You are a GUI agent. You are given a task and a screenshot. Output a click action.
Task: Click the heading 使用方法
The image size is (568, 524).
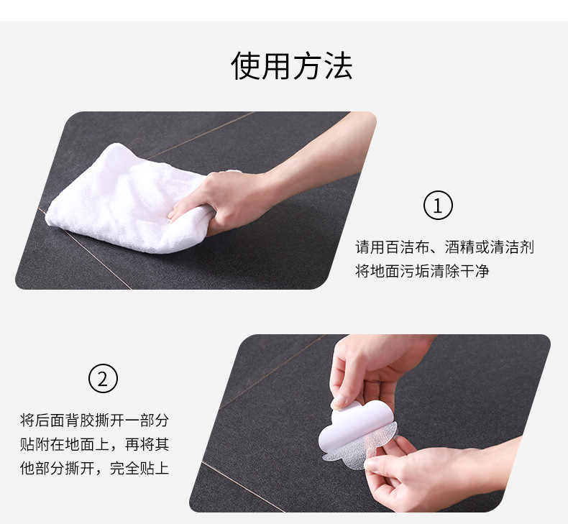291,66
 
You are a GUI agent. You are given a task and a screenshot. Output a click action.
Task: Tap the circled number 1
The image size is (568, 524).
438,206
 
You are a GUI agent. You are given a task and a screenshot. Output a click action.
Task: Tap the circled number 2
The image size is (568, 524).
102,378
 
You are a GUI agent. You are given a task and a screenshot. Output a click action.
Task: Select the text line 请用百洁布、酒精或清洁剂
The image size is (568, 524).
444,247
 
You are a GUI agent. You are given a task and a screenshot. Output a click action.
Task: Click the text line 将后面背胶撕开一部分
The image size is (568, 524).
94,420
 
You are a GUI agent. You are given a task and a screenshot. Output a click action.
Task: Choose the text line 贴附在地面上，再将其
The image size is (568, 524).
94,444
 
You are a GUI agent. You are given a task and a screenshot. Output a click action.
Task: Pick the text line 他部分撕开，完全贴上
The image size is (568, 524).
94,469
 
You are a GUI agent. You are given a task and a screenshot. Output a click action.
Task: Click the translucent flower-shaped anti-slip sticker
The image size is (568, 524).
359,446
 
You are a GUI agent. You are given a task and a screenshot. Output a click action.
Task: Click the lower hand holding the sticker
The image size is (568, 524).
417,474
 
